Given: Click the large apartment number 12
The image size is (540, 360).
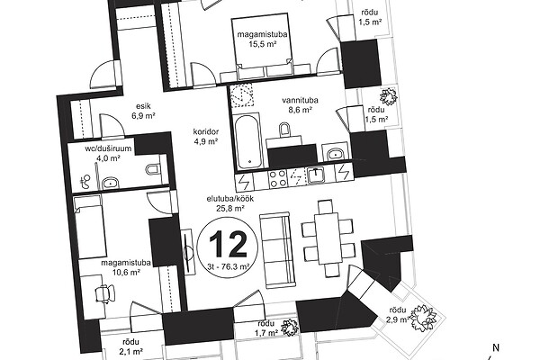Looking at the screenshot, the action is pos(228,244).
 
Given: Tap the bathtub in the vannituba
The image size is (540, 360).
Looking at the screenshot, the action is pos(249,141).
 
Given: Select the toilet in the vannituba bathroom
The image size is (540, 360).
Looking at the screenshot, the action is pos(284,130).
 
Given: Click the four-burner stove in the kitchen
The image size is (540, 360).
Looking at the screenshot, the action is pos(277,178).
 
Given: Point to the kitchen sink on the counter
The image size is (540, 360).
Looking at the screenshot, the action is pos(317,175).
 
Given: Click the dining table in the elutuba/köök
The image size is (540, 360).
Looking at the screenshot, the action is pos(328,238).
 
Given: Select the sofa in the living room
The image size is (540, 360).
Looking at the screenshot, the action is pos(278,250).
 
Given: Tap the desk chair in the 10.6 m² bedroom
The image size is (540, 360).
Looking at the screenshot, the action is pos(105,293).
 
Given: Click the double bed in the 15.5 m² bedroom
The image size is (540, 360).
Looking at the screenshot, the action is pos(261,46).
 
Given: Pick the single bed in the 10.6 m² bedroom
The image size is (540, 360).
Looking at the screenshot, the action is pos(88,227).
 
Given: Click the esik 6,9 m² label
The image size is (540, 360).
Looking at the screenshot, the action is pos(143,111).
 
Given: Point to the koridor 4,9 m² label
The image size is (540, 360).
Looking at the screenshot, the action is pos(206,137).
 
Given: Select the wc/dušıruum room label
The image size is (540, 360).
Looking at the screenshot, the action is pos(108,148).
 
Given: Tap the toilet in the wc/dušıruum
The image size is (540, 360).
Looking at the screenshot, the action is pos(153,169).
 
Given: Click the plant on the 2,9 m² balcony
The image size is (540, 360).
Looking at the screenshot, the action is pos(423,316).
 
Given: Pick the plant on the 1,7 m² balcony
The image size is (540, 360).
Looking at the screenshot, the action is pos(289,327).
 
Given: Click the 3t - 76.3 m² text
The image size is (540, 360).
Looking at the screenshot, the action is pos(229,266).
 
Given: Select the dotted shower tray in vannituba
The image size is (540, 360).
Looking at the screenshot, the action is pos(242,94).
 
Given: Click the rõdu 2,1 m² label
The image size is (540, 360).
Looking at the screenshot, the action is pos(131,346).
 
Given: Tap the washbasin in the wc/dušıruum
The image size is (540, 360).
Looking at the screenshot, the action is pos(110,183).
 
